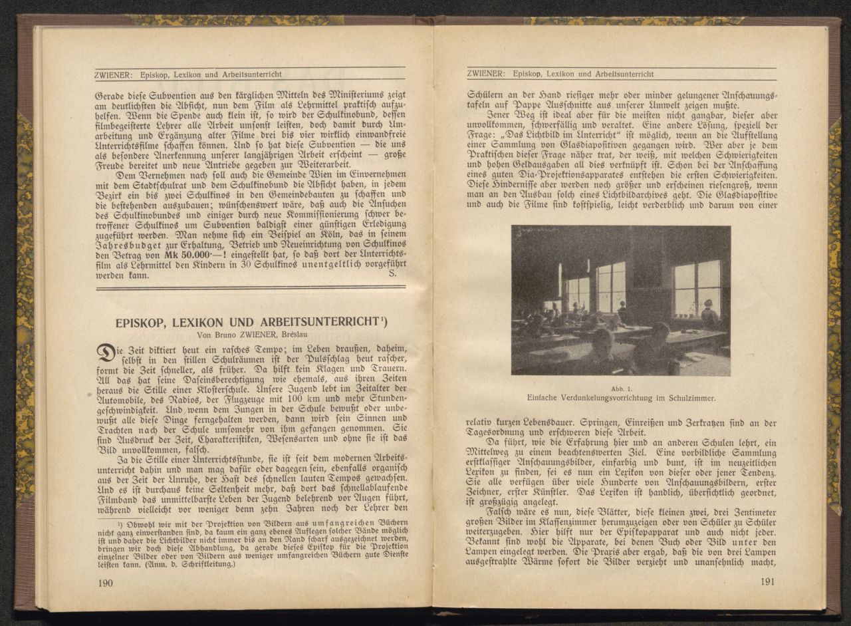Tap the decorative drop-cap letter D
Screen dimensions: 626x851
point(106,353)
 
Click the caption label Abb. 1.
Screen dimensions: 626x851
point(620,388)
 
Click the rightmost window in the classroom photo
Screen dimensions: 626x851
point(697,287)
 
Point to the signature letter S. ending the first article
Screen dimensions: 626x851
point(392,273)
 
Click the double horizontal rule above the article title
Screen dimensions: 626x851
point(251,288)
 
